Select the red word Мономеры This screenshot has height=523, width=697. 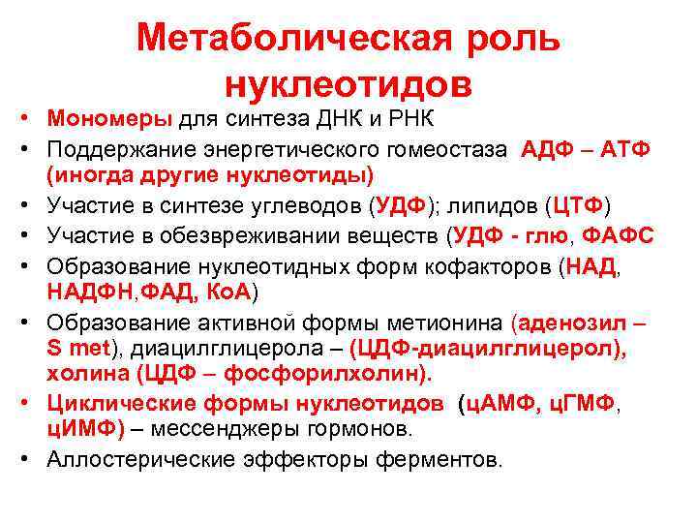click(x=108, y=119)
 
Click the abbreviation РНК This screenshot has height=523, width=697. click(x=413, y=119)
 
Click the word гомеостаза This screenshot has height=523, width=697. click(x=443, y=149)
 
